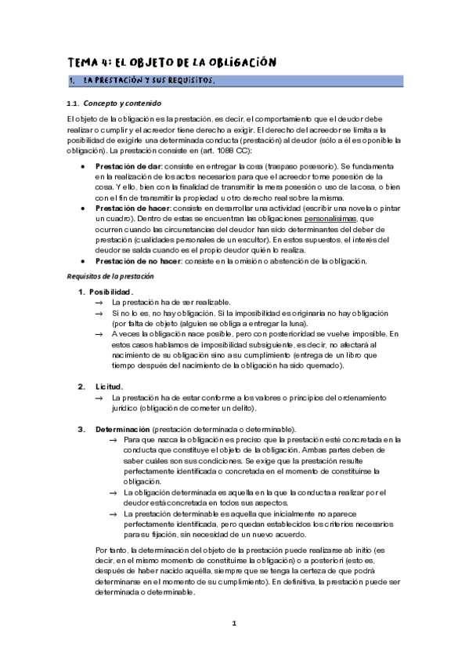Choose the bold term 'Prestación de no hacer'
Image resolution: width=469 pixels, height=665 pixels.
[x=136, y=260]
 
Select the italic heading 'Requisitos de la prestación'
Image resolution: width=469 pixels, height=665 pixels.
[x=110, y=277]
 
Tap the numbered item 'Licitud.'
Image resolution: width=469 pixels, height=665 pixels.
[x=109, y=386]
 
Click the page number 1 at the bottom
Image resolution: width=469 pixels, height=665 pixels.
[x=233, y=623]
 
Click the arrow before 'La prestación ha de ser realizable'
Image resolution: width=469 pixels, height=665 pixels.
[x=99, y=302]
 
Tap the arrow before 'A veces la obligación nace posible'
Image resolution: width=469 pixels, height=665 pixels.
[x=99, y=333]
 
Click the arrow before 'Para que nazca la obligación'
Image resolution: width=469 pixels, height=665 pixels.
[x=114, y=440]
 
